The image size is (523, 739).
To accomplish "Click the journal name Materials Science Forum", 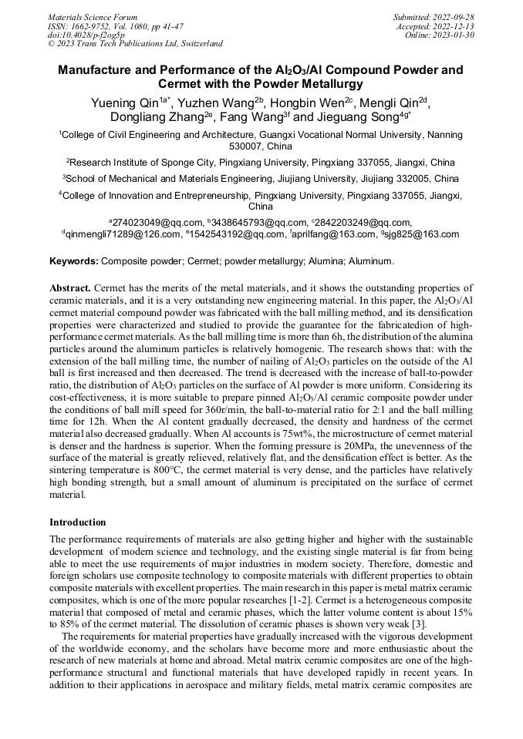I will pos(93,16).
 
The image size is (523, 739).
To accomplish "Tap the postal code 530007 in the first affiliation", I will pos(248,146).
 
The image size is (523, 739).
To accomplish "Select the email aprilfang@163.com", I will pos(335,234).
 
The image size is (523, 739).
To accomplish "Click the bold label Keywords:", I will pos(74,261).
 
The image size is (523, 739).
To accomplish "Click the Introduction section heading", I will pos(77,522).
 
